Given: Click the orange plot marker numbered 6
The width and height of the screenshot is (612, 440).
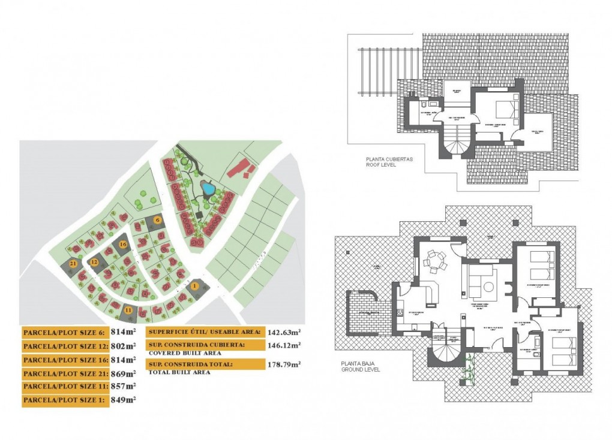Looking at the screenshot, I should tap(157, 220).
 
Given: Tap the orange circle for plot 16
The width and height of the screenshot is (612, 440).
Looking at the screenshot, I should tap(123, 245).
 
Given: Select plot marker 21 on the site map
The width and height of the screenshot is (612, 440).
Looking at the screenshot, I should tap(73, 264).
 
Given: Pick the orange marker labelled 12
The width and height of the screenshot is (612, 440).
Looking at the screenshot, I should tap(94, 262).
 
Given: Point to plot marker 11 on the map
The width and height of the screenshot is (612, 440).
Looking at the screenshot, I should tap(129, 309).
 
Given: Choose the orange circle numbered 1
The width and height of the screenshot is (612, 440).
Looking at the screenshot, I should tap(195, 286).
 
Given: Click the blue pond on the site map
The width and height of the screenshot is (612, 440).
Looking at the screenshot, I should tap(208, 189).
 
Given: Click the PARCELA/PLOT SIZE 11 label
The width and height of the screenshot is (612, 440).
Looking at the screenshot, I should tap(65, 387).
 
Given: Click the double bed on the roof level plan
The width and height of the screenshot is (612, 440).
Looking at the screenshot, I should tap(502, 111).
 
